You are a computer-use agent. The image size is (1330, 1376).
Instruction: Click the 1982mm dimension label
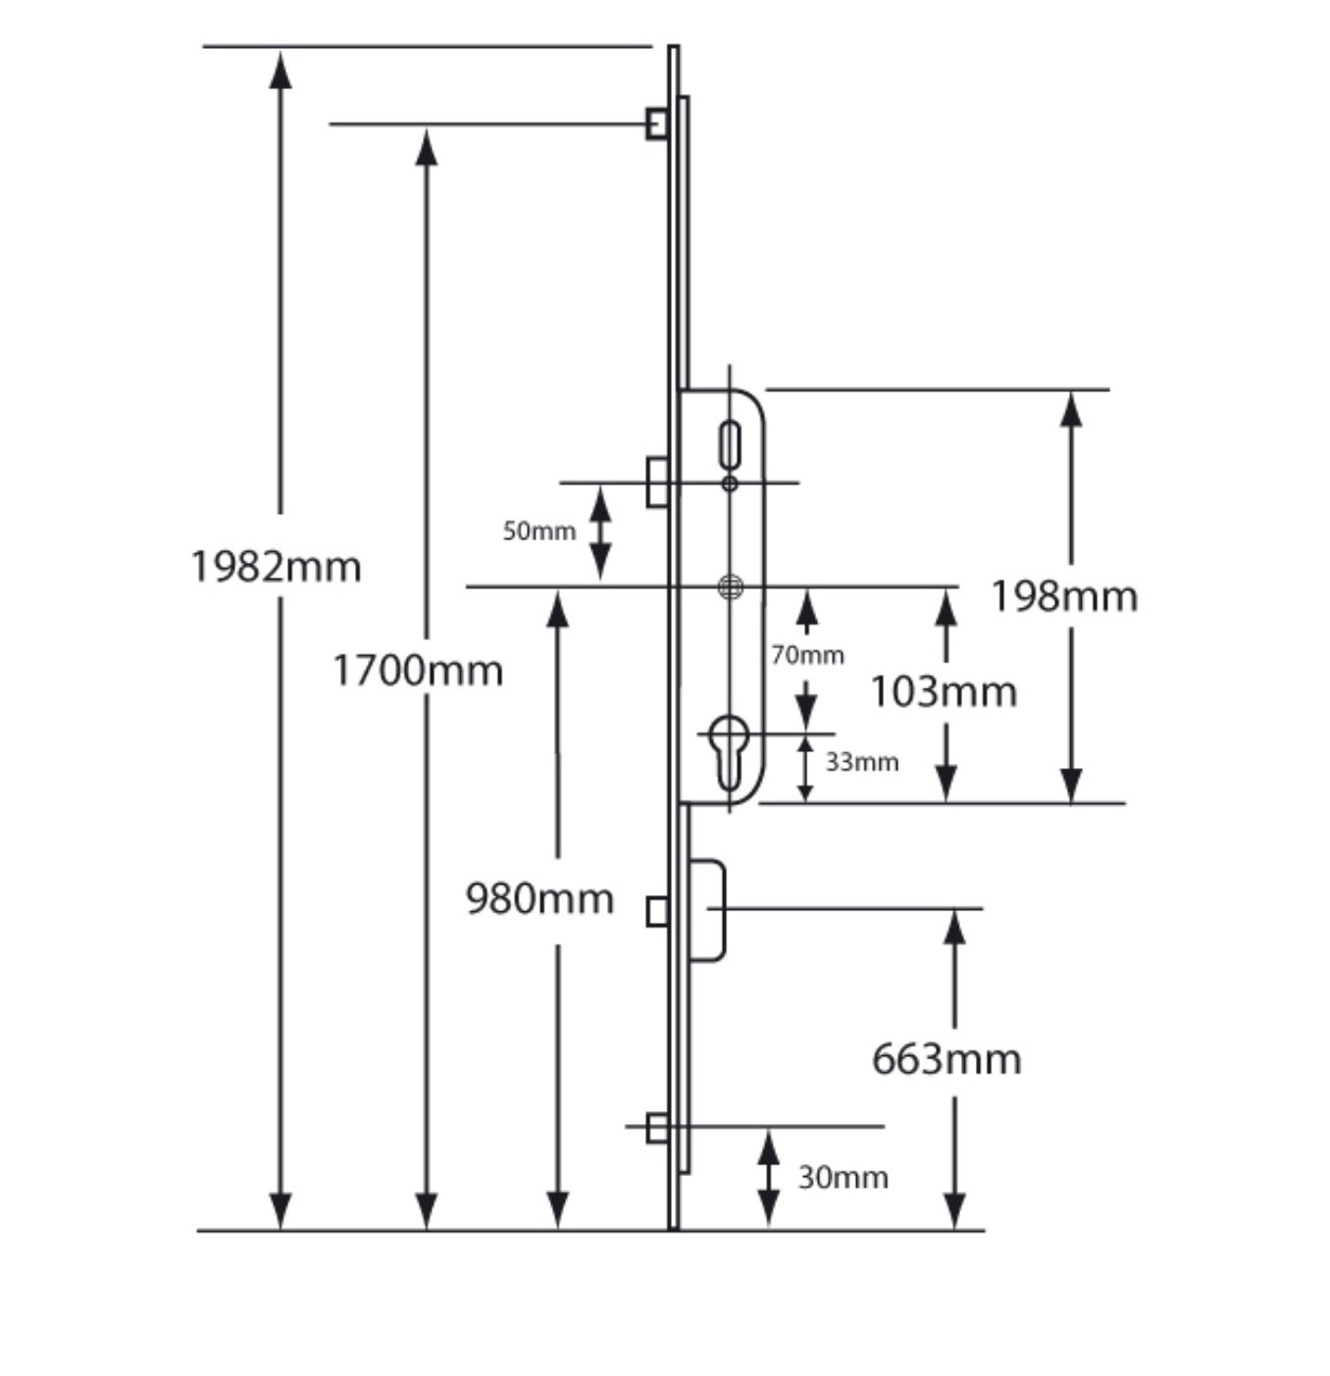coord(276,567)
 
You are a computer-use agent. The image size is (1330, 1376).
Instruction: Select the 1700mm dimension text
coord(418,671)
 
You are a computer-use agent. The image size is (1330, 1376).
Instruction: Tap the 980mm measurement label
coord(539,898)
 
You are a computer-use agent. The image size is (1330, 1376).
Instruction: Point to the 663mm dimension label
coord(946,1059)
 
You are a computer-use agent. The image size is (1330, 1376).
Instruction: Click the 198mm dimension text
coord(1063,596)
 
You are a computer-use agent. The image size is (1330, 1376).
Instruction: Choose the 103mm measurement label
coord(944,692)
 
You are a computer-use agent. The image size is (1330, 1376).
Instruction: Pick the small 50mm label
coord(538,532)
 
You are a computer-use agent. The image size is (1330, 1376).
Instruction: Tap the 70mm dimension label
coord(807,655)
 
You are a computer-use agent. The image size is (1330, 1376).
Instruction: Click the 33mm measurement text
coord(861,762)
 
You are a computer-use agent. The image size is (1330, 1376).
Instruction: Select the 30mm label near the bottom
coord(843,1177)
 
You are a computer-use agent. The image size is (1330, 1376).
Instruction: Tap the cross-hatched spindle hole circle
coord(730,587)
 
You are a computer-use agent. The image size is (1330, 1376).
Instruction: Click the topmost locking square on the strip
coord(657,124)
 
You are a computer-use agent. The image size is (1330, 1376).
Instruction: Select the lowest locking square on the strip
coord(657,1128)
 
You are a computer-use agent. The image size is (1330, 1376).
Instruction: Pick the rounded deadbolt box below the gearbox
coord(707,910)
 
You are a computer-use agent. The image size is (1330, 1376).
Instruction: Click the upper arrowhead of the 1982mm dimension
coord(281,71)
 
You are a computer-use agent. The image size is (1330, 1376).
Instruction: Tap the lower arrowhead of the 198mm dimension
coord(1071,785)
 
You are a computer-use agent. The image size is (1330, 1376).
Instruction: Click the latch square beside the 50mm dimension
coord(657,482)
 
